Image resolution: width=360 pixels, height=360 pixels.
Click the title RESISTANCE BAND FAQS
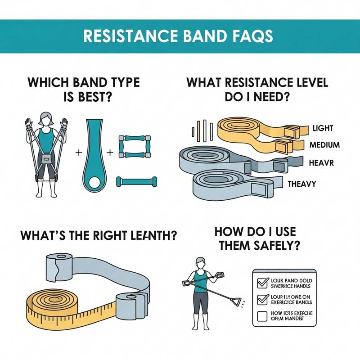[180, 36]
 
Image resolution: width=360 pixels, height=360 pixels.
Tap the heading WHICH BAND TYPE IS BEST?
[84, 89]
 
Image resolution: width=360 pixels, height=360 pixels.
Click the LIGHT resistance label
[323, 129]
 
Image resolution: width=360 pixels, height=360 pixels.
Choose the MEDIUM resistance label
[324, 145]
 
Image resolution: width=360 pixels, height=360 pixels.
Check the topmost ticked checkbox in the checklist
[261, 283]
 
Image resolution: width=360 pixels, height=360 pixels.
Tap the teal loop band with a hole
[95, 153]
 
